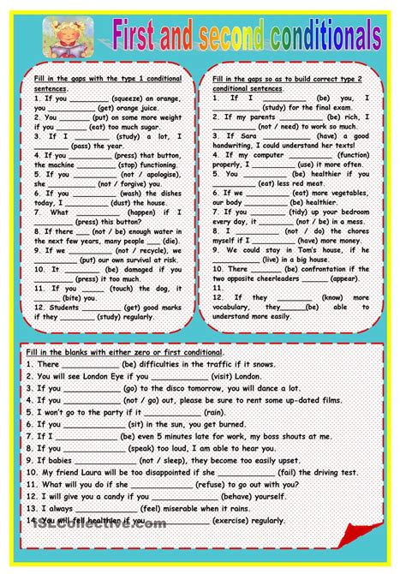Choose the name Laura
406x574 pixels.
[99, 471]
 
